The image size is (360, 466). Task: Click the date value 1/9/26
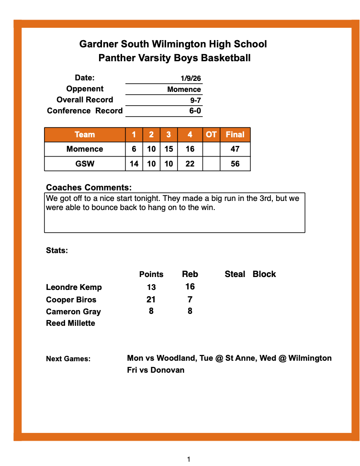(x=191, y=78)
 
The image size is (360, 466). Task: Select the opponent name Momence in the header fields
(x=184, y=89)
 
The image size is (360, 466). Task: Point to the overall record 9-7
(x=195, y=100)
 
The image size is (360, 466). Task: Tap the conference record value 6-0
(x=195, y=111)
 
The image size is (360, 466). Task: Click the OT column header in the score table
(x=211, y=134)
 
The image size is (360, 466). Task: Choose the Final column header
(x=235, y=134)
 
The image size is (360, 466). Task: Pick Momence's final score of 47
(x=235, y=149)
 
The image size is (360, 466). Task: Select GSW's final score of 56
(x=235, y=164)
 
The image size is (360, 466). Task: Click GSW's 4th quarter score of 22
(x=190, y=164)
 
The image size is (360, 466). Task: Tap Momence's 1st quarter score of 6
(x=134, y=149)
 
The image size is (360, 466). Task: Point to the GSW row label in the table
(x=85, y=164)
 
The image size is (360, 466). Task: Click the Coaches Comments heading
(x=89, y=188)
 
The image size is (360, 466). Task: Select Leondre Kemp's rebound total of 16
(x=190, y=287)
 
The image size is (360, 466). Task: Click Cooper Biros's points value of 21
(x=151, y=300)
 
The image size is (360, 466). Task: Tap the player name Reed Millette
(x=70, y=323)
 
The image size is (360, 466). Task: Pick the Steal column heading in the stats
(x=235, y=274)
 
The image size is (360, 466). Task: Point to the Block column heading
(x=264, y=274)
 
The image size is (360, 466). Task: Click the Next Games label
(x=68, y=359)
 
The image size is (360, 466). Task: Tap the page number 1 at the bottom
(x=189, y=459)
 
